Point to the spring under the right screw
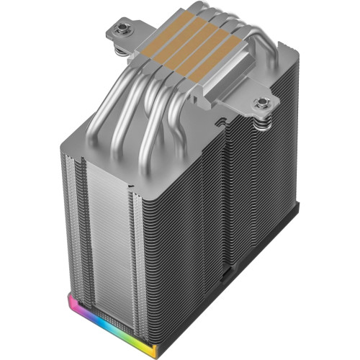click(x=264, y=124)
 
